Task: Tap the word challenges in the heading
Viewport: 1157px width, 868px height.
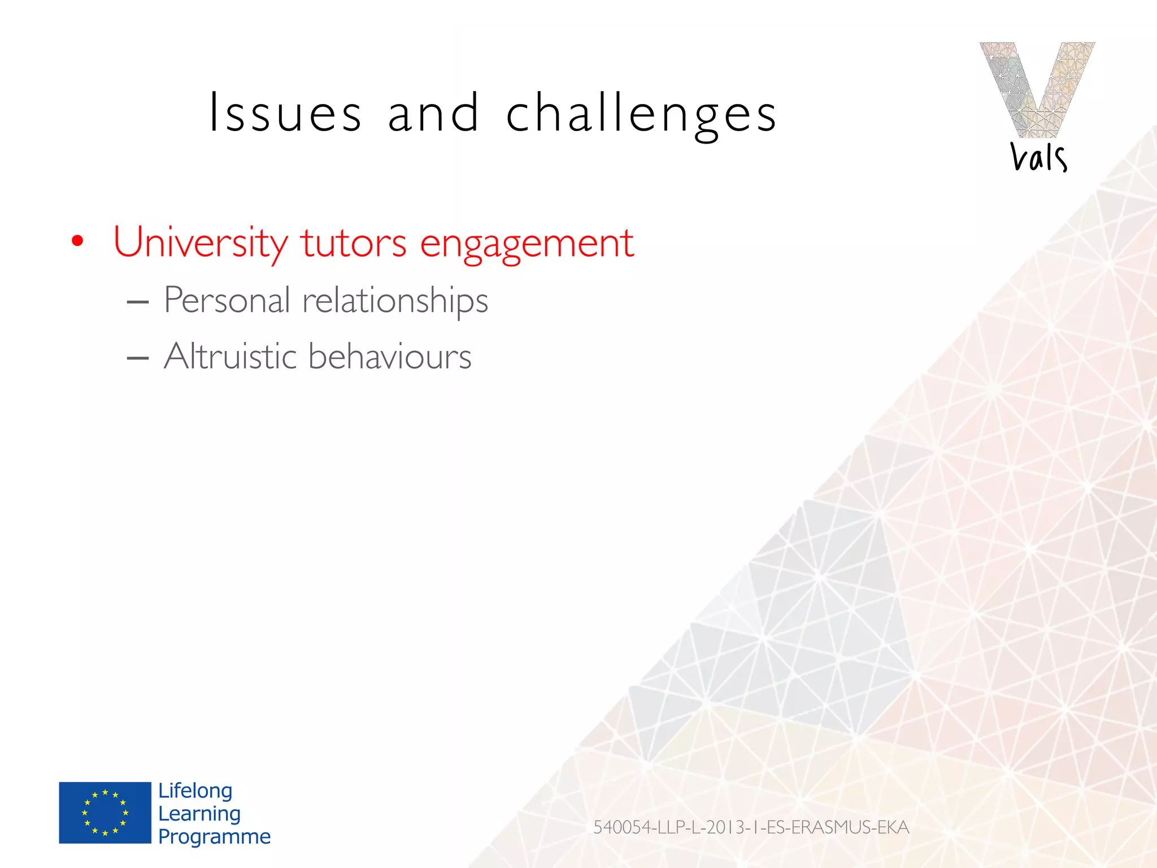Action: pyautogui.click(x=641, y=115)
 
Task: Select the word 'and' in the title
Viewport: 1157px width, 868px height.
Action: pyautogui.click(x=433, y=113)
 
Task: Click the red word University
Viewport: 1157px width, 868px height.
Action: pyautogui.click(x=201, y=243)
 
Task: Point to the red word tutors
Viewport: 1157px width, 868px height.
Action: pyautogui.click(x=353, y=243)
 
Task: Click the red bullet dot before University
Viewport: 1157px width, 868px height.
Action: pyautogui.click(x=77, y=242)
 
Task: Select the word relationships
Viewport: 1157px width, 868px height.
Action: pyautogui.click(x=395, y=301)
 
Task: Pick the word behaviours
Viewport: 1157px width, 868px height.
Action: pyautogui.click(x=390, y=356)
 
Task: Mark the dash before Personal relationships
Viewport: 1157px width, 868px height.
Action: pyautogui.click(x=138, y=302)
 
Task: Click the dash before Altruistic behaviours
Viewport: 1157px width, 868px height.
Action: pyautogui.click(x=138, y=358)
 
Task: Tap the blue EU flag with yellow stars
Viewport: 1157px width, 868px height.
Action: pyautogui.click(x=105, y=813)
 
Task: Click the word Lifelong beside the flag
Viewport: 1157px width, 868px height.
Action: pyautogui.click(x=195, y=791)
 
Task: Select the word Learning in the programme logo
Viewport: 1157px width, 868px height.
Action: pyautogui.click(x=199, y=813)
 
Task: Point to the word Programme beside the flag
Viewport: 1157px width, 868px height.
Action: pyautogui.click(x=214, y=836)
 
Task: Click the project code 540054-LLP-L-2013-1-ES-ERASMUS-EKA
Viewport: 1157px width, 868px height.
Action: pyautogui.click(x=751, y=827)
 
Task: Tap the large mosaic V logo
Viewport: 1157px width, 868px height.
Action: pyautogui.click(x=1037, y=88)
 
